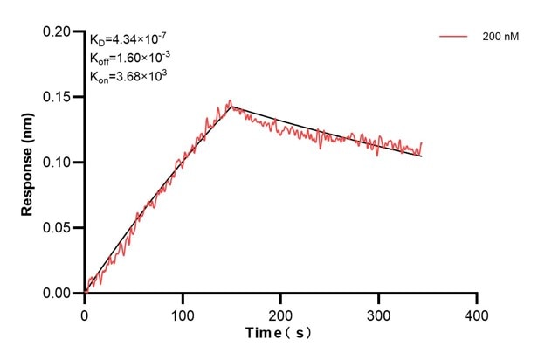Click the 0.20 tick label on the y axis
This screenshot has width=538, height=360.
(61, 31)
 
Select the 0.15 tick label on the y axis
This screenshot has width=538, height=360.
(61, 97)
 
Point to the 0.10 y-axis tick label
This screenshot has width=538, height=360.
(61, 163)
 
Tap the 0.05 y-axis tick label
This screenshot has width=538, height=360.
(61, 228)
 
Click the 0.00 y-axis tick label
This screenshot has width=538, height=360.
(61, 294)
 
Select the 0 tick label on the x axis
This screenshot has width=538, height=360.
(85, 312)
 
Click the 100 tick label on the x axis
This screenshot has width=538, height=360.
(183, 312)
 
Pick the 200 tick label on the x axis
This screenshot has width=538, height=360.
(280, 312)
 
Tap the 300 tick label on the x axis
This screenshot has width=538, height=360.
(378, 312)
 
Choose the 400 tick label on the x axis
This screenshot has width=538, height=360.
(476, 312)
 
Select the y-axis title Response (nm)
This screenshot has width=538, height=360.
(27, 163)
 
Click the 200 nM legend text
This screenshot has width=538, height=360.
(499, 38)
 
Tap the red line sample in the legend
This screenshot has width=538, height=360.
(454, 38)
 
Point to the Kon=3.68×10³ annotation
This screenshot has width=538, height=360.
(128, 76)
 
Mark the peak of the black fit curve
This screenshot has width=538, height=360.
(231, 107)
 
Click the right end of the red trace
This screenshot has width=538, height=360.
(422, 142)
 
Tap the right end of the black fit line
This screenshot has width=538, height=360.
(422, 156)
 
